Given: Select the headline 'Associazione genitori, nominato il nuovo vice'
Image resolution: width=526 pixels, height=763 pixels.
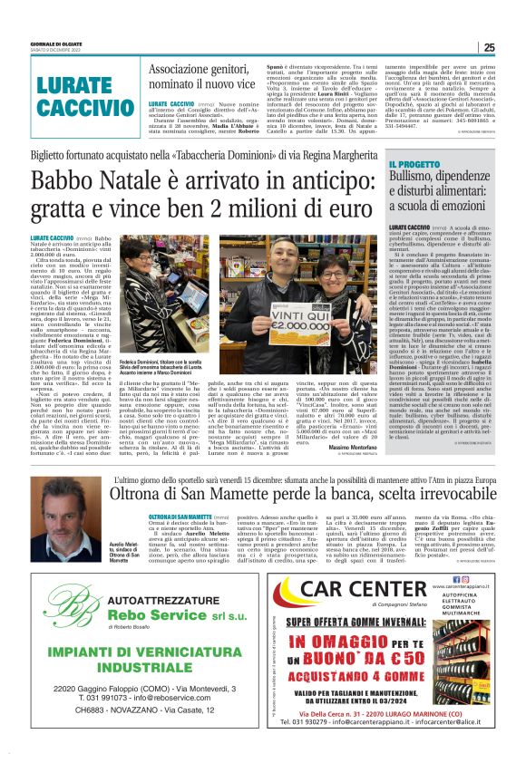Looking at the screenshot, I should point(212,79).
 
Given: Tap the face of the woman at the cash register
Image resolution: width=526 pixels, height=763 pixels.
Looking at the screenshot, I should point(142,278).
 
